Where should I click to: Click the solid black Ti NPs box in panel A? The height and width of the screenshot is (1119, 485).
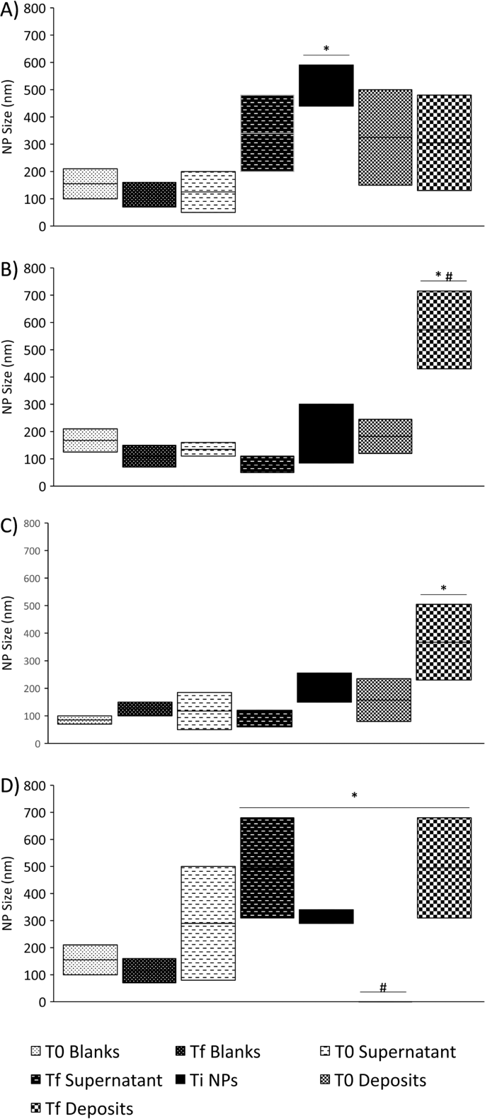coord(327,85)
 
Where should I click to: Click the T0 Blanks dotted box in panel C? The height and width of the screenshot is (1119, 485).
coord(84,720)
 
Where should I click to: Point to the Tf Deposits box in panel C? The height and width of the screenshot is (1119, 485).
coord(444,642)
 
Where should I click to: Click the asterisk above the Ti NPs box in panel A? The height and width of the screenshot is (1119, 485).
coord(326,49)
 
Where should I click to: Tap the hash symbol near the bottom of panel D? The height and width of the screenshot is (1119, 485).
coord(383,987)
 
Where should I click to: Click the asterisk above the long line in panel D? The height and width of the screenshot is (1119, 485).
coord(354,796)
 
